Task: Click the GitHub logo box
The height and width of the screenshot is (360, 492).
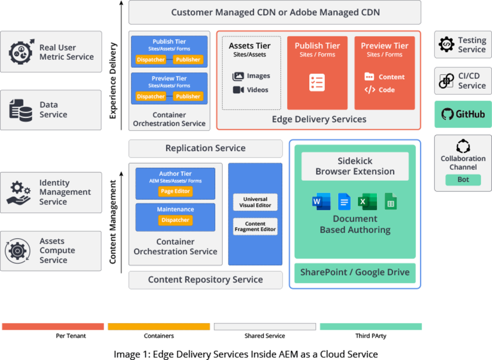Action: (463, 114)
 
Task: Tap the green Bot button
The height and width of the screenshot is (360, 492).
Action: (463, 180)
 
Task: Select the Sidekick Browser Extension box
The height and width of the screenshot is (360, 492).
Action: (355, 166)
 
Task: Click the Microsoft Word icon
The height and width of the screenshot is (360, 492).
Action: (321, 202)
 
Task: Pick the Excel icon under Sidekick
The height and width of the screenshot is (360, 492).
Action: (367, 202)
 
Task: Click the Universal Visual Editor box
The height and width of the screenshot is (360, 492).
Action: (255, 202)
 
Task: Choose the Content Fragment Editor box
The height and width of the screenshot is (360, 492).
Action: (255, 227)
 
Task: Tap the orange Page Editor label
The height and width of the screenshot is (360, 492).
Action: (175, 191)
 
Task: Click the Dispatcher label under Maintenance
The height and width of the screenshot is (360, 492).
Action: (175, 220)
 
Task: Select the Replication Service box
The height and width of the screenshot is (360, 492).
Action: (205, 148)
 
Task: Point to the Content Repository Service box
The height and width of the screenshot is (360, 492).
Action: (205, 279)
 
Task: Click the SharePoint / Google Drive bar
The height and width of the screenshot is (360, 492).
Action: (355, 272)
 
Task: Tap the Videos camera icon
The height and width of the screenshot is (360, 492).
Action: (238, 90)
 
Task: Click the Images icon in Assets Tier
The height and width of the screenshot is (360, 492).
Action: (238, 76)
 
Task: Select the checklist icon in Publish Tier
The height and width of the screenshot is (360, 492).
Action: (317, 83)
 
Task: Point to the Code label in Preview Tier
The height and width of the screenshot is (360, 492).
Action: (386, 90)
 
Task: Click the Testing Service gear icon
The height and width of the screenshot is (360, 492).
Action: (447, 45)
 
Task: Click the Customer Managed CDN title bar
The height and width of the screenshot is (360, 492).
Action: (275, 12)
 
